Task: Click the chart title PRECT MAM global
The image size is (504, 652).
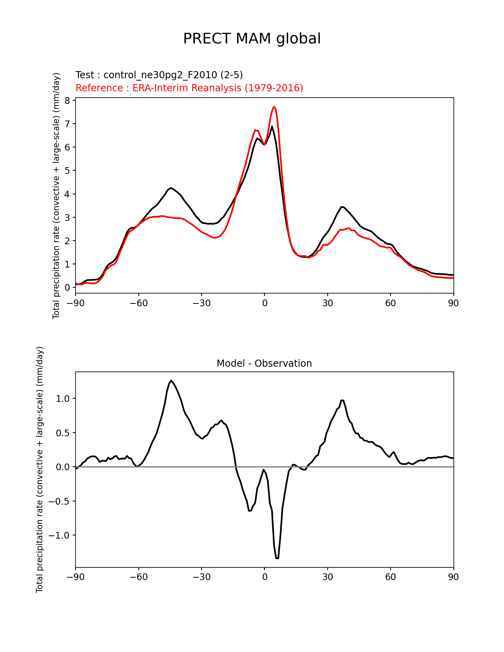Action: [x=252, y=39]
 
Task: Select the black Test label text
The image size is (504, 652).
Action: [x=159, y=75]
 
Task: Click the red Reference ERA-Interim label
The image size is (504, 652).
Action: [x=189, y=88]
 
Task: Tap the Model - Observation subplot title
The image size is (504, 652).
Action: [x=264, y=364]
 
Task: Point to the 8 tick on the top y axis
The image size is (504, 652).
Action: [x=67, y=101]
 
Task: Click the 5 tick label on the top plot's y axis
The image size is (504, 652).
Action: [x=67, y=171]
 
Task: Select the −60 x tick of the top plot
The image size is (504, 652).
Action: [x=138, y=303]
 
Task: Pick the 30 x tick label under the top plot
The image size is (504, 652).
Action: [x=327, y=303]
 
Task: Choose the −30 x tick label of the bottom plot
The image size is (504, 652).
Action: [x=201, y=577]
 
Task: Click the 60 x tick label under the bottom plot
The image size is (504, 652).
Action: [x=390, y=577]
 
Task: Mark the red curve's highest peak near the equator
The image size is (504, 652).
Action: [x=274, y=107]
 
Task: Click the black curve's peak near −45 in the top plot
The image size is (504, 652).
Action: [x=171, y=188]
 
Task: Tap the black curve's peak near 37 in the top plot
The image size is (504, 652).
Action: [x=342, y=207]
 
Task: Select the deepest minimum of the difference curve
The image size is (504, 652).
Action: [x=277, y=558]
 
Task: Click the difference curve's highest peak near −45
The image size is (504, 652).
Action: [x=171, y=381]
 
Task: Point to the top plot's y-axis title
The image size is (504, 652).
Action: [x=57, y=196]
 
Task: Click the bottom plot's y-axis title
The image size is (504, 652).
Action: [x=40, y=469]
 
